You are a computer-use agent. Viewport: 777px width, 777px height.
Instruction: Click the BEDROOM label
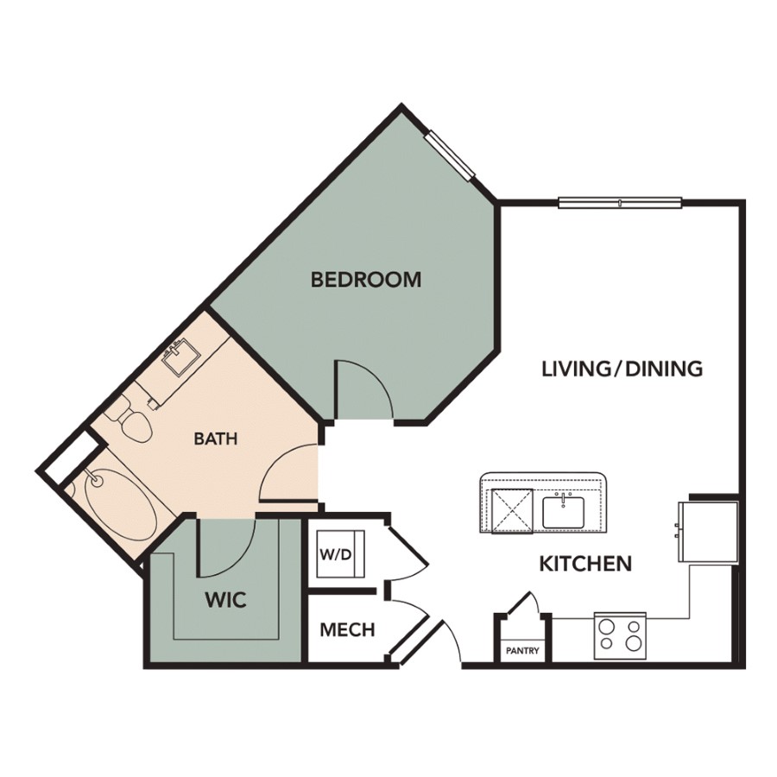tap(366, 280)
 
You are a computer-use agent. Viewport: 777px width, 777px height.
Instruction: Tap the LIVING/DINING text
tap(622, 370)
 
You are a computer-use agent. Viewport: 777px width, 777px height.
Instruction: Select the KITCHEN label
tap(585, 564)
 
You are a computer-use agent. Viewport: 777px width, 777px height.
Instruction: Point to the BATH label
tap(216, 439)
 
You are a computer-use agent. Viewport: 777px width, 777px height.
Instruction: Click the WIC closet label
tap(226, 600)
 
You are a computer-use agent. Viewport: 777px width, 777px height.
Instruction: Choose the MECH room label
tap(347, 630)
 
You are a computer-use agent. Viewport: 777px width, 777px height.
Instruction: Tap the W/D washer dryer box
tap(341, 553)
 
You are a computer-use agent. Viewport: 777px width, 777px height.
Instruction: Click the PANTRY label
tap(522, 651)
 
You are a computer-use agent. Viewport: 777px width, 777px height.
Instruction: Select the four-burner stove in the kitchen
tap(620, 635)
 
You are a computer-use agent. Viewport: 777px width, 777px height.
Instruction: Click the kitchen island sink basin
tap(564, 511)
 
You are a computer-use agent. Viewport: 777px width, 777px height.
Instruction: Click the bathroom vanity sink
tap(181, 356)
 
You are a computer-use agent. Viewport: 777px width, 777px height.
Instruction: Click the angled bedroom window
tap(451, 154)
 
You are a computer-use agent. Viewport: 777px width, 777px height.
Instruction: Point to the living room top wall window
tap(620, 202)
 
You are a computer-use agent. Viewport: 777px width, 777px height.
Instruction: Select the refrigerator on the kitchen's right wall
tap(709, 531)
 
